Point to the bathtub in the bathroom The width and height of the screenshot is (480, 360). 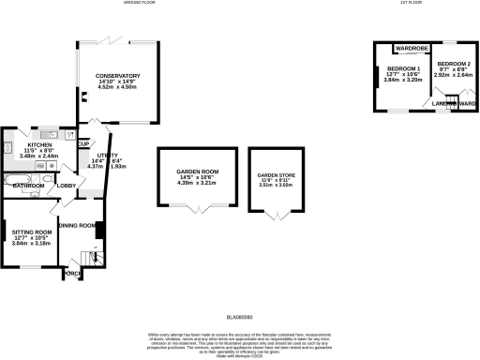pyautogui.click(x=18, y=176)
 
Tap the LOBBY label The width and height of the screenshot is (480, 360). pyautogui.click(x=67, y=186)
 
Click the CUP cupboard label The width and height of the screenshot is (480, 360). pyautogui.click(x=83, y=143)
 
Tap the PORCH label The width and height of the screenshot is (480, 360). pyautogui.click(x=73, y=273)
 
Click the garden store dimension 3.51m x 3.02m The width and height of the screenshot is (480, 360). pyautogui.click(x=275, y=186)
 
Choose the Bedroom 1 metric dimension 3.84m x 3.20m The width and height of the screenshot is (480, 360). pyautogui.click(x=404, y=81)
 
